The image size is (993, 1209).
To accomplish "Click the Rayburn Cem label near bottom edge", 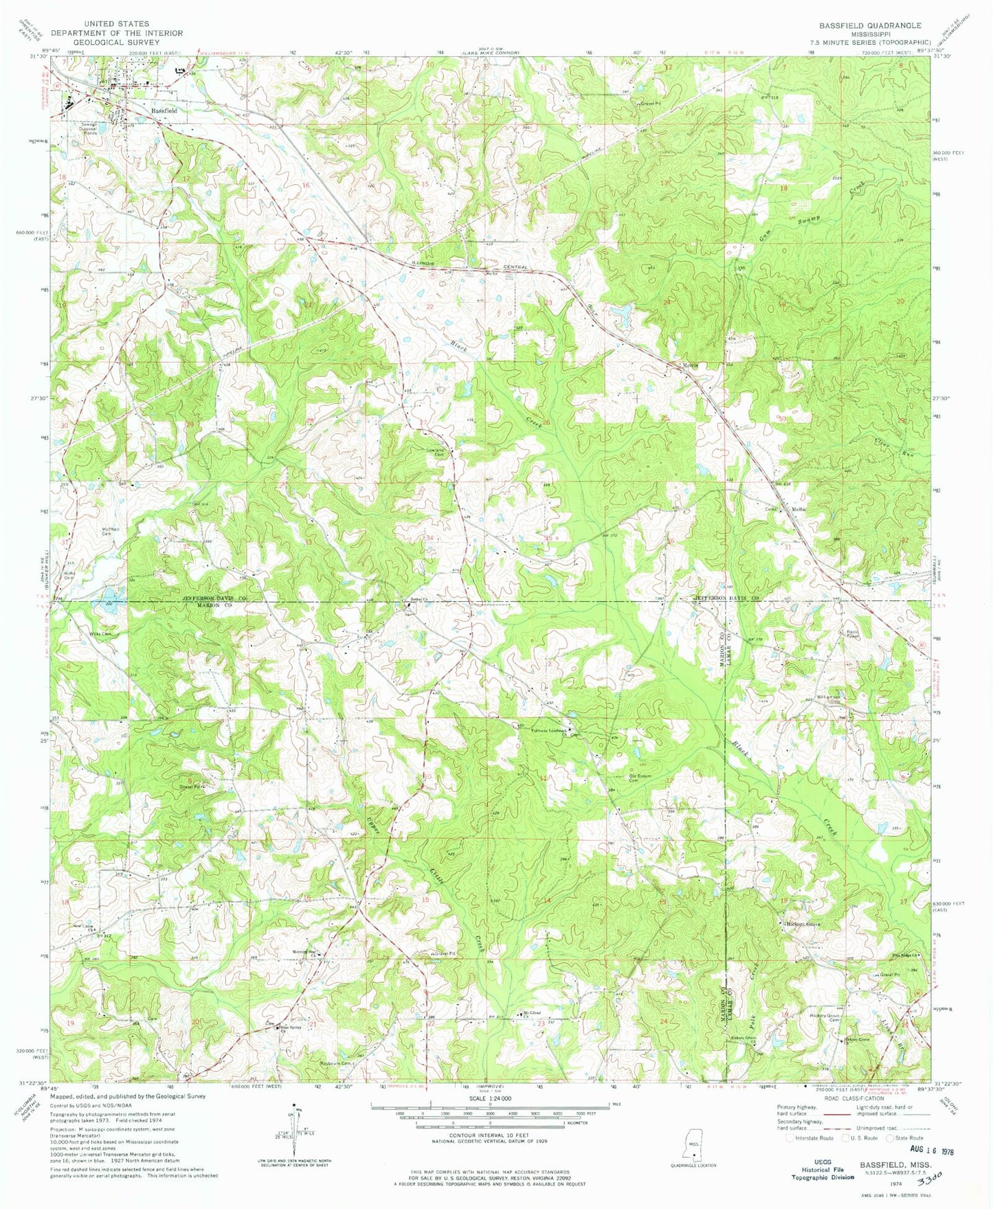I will pyautogui.click(x=343, y=1064).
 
